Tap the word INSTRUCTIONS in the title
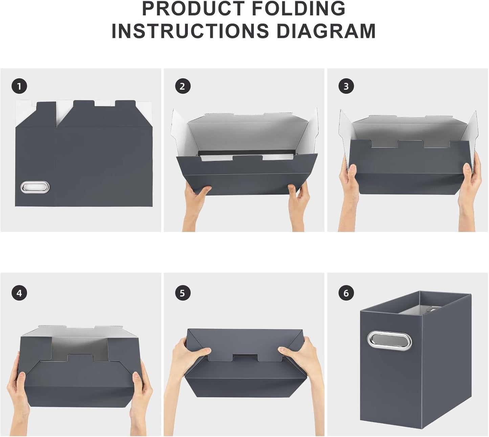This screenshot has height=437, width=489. (x=190, y=31)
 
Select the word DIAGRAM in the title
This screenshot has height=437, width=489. (x=326, y=31)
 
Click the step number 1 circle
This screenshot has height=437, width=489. (x=19, y=86)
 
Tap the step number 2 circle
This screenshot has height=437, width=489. (x=183, y=86)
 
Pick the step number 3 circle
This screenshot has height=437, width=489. (x=346, y=86)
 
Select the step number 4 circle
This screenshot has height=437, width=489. (x=19, y=293)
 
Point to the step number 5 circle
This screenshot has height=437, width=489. (x=183, y=293)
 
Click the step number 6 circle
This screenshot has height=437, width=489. (x=346, y=293)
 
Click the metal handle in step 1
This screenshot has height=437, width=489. (x=35, y=187)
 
